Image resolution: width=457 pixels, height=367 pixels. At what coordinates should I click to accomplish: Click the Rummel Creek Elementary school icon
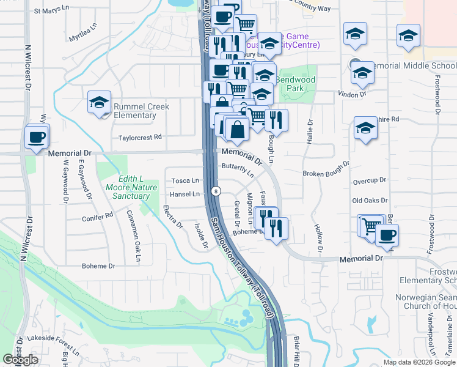(98, 103)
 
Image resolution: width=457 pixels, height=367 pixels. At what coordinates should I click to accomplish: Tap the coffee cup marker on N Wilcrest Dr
(37, 137)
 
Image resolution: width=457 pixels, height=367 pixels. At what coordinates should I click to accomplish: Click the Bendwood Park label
(295, 84)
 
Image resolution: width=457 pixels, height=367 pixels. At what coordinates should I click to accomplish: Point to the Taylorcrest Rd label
(141, 138)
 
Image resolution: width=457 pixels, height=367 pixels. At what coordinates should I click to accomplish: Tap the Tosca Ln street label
(185, 181)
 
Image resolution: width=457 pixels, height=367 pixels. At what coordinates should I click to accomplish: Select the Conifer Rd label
(98, 216)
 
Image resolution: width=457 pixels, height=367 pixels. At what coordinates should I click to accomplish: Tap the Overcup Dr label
(370, 180)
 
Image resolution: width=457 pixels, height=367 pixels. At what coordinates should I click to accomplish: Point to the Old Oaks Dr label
(370, 201)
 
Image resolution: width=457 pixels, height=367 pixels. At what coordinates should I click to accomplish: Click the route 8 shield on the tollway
(216, 191)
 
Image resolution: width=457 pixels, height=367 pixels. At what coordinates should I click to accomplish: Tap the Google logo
(21, 360)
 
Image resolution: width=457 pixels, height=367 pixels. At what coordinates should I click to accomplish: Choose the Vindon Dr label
(352, 95)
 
